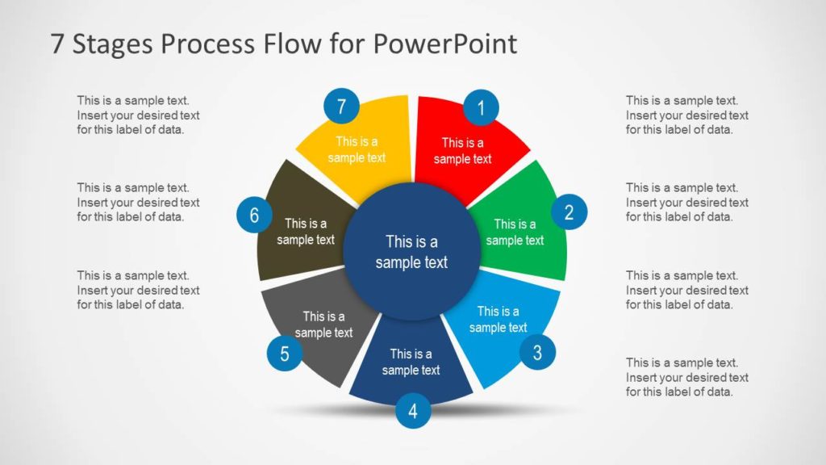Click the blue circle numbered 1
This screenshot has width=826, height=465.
[x=482, y=107]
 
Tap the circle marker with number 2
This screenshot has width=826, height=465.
[x=569, y=212]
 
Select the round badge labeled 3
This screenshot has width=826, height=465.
[x=537, y=352]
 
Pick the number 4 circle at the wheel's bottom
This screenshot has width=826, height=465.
[x=413, y=412]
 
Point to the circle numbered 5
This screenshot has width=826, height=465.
[x=285, y=353]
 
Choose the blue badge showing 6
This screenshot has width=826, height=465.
[x=254, y=216]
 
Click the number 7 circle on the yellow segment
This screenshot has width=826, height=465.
[x=341, y=107]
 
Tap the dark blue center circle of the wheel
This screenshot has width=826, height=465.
[x=411, y=251]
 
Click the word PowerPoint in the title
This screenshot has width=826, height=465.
[x=445, y=44]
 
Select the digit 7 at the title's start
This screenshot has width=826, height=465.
[x=57, y=44]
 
